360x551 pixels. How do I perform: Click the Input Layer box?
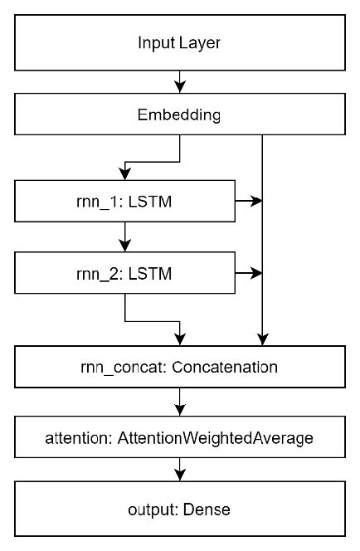[x=179, y=42]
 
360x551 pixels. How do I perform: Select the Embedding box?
[x=179, y=115]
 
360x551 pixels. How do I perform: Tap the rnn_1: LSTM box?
[x=124, y=201]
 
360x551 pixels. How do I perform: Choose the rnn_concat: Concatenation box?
[x=179, y=366]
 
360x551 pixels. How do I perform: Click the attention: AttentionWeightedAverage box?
[x=179, y=438]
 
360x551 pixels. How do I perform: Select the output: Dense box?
[x=179, y=509]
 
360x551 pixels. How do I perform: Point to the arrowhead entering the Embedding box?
[x=179, y=87]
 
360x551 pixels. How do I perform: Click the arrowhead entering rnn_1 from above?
[x=124, y=174]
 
